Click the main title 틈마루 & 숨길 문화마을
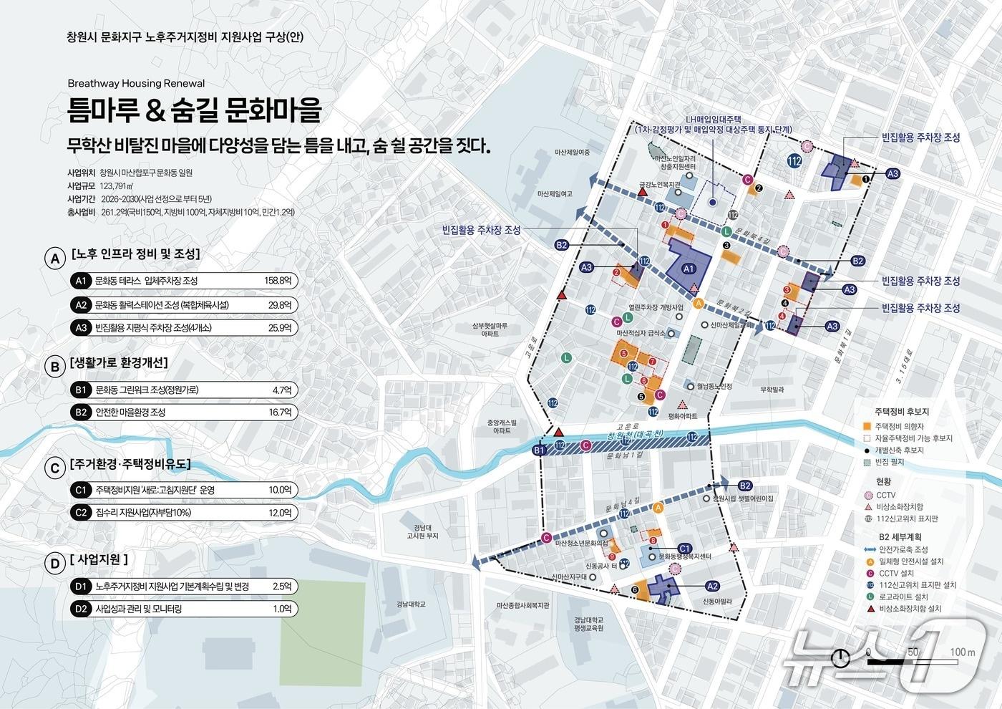194,110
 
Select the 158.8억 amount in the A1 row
278,281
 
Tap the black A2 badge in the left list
82,304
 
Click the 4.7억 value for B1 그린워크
282,390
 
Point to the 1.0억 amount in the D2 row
282,609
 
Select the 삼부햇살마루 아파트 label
490,329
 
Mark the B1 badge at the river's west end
540,450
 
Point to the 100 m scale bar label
963,652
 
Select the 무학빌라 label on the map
772,390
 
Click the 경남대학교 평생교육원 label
588,624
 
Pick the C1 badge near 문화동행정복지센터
684,548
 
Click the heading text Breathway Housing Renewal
136,83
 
